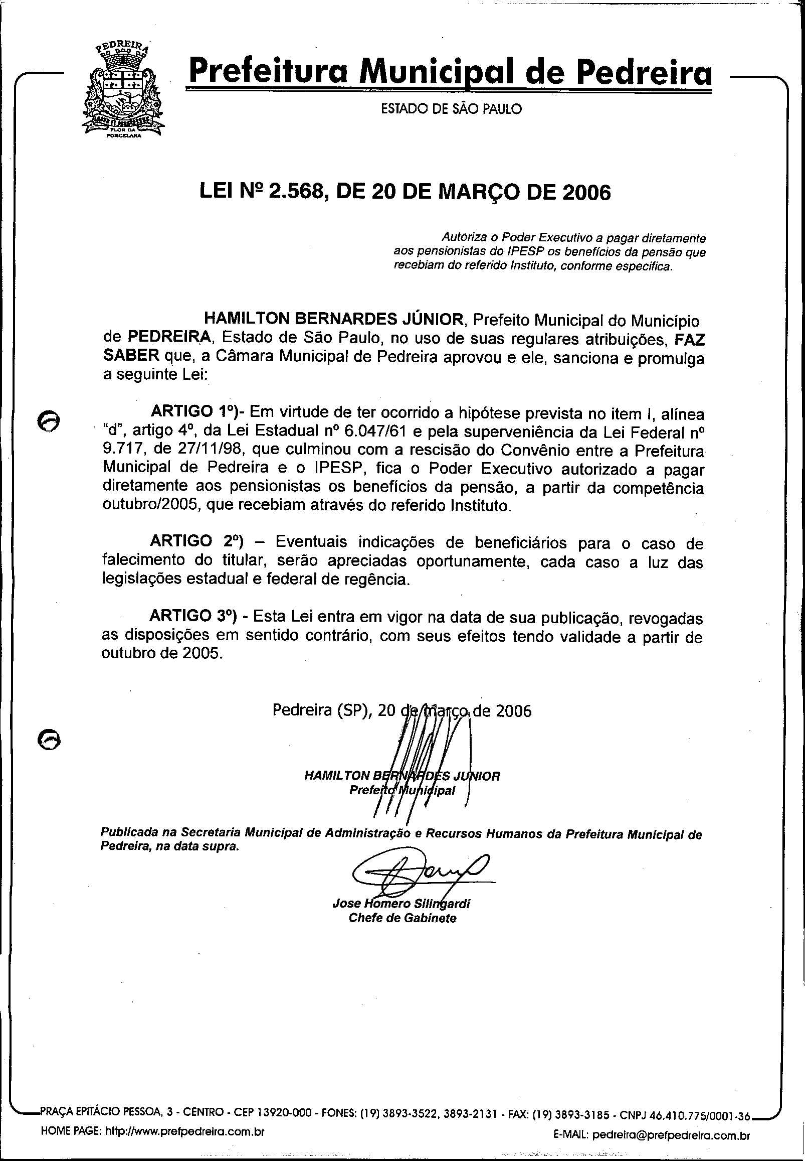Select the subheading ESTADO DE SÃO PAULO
(x=451, y=108)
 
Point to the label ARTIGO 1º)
(x=197, y=411)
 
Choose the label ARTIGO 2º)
(x=197, y=541)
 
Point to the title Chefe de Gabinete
(x=402, y=918)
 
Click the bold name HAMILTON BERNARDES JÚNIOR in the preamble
(x=333, y=319)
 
